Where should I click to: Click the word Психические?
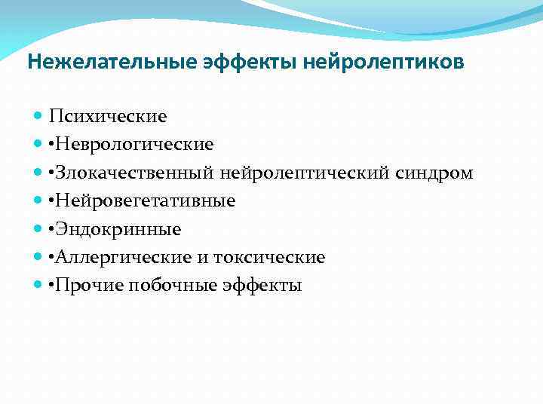tap(108, 117)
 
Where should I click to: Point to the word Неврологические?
tap(133, 144)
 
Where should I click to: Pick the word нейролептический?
tap(305, 173)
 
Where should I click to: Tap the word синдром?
tap(434, 173)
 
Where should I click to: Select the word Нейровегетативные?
tap(145, 200)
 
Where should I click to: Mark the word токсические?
tap(269, 258)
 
